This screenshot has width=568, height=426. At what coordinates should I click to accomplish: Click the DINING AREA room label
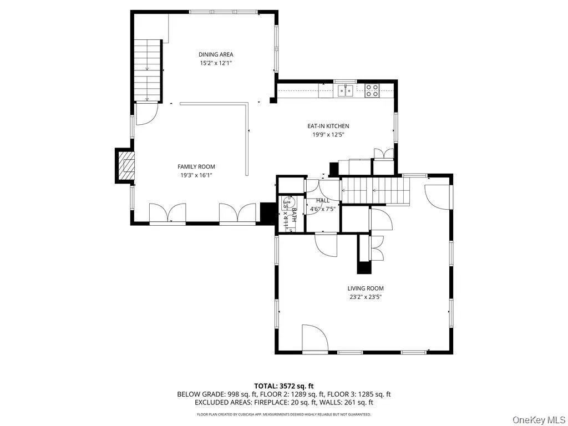click(216, 54)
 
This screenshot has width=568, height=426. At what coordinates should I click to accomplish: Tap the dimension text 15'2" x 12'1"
click(216, 63)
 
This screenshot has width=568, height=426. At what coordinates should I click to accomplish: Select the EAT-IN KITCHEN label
click(328, 126)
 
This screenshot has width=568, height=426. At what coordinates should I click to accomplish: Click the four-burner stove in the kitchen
click(372, 90)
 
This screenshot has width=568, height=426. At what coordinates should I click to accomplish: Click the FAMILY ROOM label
click(196, 166)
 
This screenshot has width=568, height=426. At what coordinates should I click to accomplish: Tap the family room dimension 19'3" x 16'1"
click(196, 175)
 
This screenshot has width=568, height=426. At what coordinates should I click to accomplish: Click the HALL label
click(322, 200)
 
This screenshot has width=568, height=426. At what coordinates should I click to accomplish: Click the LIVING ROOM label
click(366, 288)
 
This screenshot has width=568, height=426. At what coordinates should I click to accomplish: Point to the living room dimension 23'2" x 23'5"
click(366, 297)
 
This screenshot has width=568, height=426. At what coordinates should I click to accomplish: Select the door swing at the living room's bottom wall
click(314, 338)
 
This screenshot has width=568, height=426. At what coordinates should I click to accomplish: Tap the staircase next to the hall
click(374, 191)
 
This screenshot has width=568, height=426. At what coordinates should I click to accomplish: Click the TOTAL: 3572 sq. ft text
click(284, 386)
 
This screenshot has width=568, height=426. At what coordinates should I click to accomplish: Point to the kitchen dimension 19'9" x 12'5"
click(328, 134)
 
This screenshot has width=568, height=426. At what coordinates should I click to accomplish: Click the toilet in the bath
click(287, 203)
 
